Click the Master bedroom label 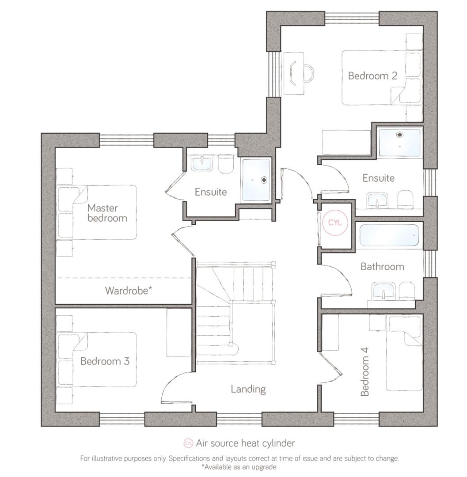(x=107, y=212)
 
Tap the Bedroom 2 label (x=372, y=76)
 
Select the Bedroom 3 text (x=105, y=361)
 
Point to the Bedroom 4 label (x=364, y=371)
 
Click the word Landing (x=248, y=389)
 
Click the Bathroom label (x=382, y=266)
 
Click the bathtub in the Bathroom (x=389, y=235)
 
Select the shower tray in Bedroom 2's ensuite (x=400, y=142)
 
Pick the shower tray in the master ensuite (x=256, y=180)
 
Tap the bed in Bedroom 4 (x=404, y=353)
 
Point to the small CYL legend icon (x=189, y=443)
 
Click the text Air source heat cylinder (x=245, y=443)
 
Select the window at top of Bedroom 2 (x=352, y=18)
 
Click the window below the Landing (x=239, y=419)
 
